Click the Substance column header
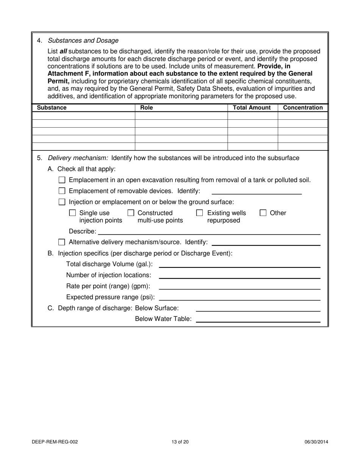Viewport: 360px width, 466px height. [x=52, y=108]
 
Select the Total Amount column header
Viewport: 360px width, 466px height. [x=252, y=108]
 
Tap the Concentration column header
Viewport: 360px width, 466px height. [x=303, y=108]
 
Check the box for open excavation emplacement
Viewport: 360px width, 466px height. [x=62, y=180]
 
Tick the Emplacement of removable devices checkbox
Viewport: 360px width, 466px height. [x=62, y=191]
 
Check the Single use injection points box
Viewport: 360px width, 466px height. [x=72, y=213]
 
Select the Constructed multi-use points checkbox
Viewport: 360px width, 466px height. [x=131, y=213]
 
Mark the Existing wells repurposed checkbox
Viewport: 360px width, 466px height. [x=199, y=213]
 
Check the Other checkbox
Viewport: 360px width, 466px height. [x=263, y=213]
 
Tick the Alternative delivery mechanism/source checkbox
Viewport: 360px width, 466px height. [x=62, y=242]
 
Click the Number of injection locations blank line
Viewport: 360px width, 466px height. [x=239, y=276]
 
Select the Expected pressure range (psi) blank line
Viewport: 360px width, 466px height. [x=239, y=298]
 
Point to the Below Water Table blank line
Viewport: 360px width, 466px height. [x=258, y=320]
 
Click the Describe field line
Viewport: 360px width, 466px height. [x=209, y=232]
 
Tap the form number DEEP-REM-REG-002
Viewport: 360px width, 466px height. [x=55, y=442]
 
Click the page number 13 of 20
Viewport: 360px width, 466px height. [x=180, y=442]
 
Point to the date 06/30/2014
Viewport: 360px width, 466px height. [x=316, y=442]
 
